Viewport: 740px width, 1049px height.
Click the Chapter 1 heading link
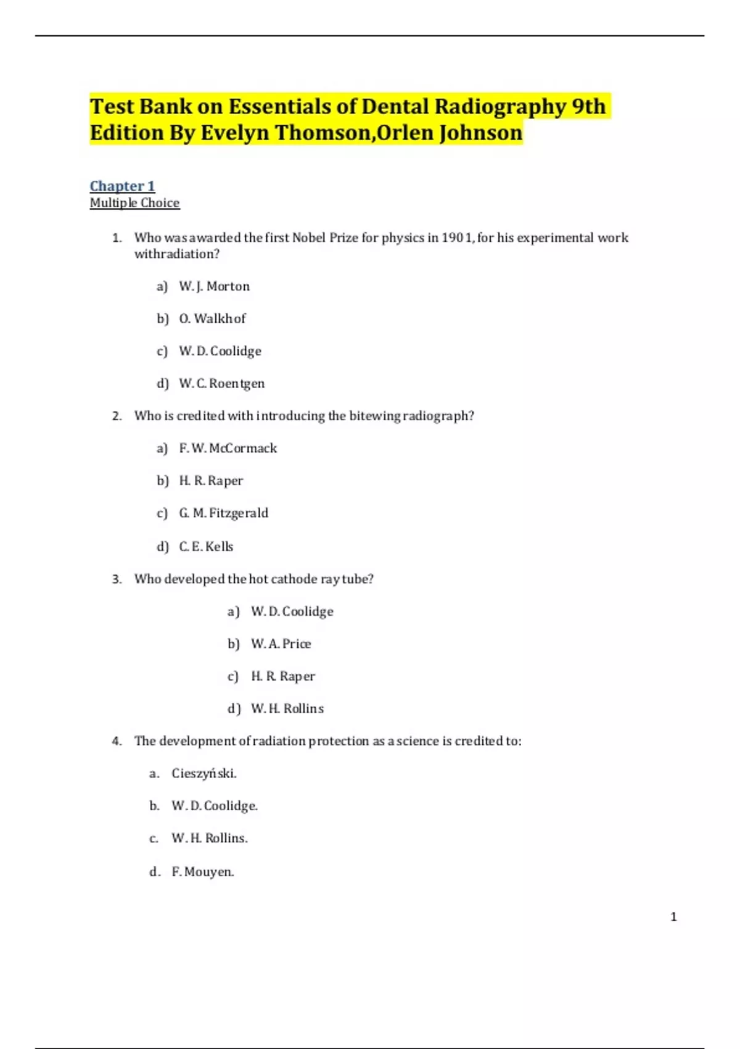click(x=122, y=186)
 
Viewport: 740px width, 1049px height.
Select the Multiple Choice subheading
click(x=134, y=203)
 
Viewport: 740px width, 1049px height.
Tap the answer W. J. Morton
click(x=214, y=286)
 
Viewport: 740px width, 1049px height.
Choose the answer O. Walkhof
click(x=212, y=318)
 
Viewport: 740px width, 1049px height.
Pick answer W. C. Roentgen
click(x=221, y=383)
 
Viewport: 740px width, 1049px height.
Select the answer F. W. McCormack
click(x=228, y=448)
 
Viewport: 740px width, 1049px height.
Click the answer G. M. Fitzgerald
click(x=223, y=513)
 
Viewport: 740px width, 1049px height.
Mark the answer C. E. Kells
click(x=206, y=546)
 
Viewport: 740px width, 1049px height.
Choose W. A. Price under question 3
click(x=281, y=644)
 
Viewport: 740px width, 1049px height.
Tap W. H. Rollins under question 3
click(x=287, y=708)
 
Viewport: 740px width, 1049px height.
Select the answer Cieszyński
click(x=203, y=773)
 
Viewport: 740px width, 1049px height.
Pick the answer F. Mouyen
click(x=202, y=872)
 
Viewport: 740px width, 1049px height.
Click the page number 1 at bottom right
click(x=673, y=917)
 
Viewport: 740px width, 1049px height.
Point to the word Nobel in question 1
click(x=309, y=238)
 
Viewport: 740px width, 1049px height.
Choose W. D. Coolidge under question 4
click(x=214, y=806)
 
